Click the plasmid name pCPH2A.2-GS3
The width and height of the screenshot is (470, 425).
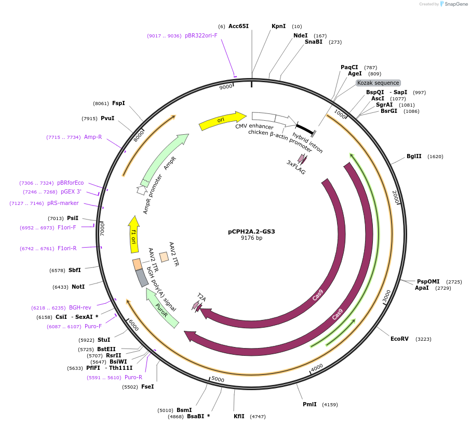251,231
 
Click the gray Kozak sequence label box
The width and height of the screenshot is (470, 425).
378,83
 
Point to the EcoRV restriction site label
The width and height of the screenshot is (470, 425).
399,339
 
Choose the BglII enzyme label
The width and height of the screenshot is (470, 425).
414,156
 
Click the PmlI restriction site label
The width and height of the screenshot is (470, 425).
310,404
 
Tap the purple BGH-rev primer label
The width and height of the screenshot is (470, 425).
80,307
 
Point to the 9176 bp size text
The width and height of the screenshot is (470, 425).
251,238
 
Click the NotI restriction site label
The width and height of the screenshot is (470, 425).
78,287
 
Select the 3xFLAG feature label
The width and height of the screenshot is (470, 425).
296,167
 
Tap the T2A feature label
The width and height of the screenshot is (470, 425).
201,299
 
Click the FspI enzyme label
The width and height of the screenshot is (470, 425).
118,103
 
